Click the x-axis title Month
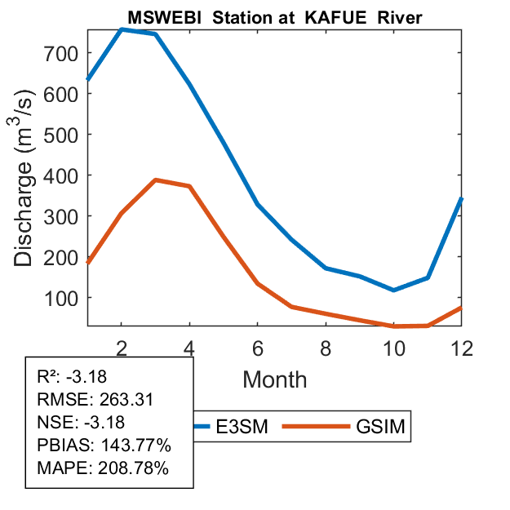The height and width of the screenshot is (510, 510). point(275,379)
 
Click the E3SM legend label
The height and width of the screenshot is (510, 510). point(244,426)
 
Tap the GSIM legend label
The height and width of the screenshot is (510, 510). point(382,426)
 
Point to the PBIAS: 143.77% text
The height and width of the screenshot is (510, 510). point(104,446)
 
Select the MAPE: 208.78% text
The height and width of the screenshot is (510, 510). point(103,468)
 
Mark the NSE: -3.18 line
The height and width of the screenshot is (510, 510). point(84,423)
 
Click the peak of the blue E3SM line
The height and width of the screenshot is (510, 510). point(122,29)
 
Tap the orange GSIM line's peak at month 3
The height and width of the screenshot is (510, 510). point(155,180)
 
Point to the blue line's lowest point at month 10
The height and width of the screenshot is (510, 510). point(394,290)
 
